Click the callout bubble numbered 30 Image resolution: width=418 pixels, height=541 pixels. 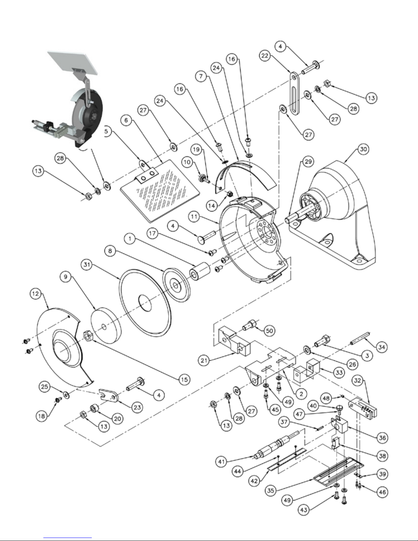pos(363,150)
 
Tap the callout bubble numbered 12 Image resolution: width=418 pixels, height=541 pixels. pos(35,294)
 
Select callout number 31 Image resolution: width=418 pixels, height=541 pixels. pos(87,265)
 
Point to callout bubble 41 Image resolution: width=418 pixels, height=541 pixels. pos(221,462)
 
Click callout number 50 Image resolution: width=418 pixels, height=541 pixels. pos(270,331)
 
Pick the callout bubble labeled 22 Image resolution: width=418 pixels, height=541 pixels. pos(265,56)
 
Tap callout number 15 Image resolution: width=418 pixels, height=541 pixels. pos(184,380)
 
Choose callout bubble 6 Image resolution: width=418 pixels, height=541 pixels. pos(126,120)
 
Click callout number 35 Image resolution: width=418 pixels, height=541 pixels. pos(271,490)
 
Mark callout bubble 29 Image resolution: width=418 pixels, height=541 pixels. pos(308,161)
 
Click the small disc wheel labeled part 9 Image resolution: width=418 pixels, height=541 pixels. pos(105,325)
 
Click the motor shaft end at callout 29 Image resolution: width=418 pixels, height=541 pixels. pos(289,220)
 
